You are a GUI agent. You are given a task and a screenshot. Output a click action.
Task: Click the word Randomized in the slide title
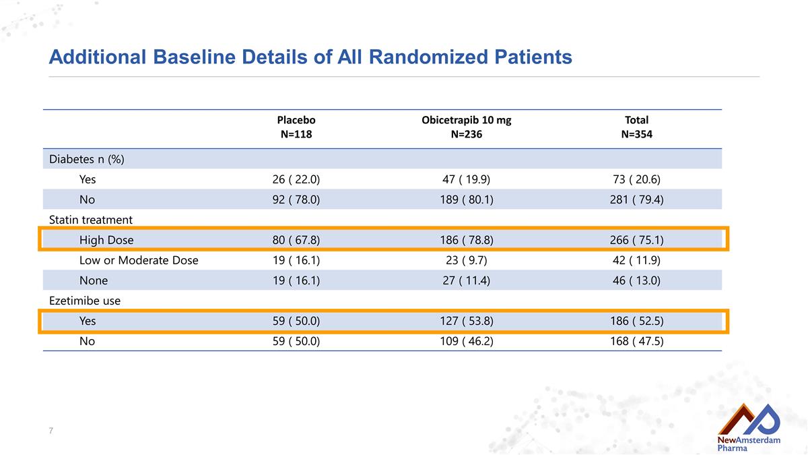point(428,57)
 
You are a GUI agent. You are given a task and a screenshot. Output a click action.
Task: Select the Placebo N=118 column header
point(296,127)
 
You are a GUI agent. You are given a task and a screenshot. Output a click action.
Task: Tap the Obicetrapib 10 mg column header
point(467,127)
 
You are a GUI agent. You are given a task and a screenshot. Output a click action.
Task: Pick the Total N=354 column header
point(637,127)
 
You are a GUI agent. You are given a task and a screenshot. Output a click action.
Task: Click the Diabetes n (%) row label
point(87,159)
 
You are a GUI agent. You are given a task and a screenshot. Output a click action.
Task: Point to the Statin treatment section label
point(90,220)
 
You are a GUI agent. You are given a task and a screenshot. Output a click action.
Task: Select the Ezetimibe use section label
point(85,301)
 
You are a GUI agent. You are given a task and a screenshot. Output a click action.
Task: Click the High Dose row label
point(106,240)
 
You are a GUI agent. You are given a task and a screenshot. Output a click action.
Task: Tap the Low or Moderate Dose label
point(139,260)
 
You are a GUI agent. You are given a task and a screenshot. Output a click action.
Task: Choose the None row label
point(94,280)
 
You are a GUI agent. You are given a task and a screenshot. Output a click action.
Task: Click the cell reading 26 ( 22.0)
point(296,179)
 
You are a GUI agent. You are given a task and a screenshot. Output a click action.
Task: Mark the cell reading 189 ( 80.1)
point(467,200)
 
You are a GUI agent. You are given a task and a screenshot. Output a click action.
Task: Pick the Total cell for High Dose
point(637,240)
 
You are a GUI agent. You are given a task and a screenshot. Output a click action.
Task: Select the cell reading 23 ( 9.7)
point(467,260)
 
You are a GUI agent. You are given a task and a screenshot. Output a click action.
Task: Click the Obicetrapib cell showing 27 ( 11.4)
point(467,280)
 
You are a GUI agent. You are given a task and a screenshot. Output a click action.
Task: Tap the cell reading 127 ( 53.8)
point(467,321)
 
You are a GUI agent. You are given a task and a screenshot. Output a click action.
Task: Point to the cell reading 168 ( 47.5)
point(637,341)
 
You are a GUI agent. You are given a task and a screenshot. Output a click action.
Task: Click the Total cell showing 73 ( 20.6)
point(637,179)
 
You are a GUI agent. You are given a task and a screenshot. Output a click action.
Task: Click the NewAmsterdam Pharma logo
point(749,427)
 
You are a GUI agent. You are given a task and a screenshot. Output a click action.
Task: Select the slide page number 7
point(51,431)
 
